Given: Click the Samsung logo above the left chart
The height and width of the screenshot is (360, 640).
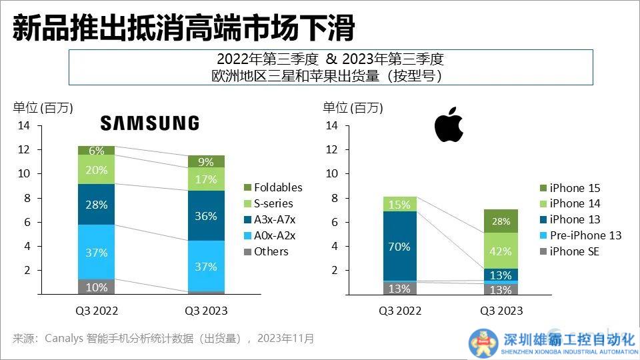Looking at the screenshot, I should pyautogui.click(x=149, y=123).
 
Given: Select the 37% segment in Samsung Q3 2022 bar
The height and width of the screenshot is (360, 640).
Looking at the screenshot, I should pyautogui.click(x=96, y=252).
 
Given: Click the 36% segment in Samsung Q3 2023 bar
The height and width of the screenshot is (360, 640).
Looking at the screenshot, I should pyautogui.click(x=206, y=216).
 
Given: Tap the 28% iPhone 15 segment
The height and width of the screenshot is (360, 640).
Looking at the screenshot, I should pyautogui.click(x=501, y=221).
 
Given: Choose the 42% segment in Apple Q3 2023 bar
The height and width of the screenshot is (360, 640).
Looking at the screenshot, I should pyautogui.click(x=501, y=251).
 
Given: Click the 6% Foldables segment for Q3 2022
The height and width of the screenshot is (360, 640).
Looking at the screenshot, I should pyautogui.click(x=96, y=151).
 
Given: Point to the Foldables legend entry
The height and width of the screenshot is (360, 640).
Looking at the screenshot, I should pyautogui.click(x=271, y=187).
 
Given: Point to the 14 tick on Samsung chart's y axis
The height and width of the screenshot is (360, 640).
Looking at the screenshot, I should pyautogui.click(x=24, y=125).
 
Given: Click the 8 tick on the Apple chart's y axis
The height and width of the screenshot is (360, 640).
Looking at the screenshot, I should pyautogui.click(x=334, y=198).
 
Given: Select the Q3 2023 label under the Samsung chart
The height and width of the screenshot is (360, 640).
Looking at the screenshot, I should pyautogui.click(x=206, y=311).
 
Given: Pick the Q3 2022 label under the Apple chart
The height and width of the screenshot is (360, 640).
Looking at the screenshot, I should pyautogui.click(x=401, y=311).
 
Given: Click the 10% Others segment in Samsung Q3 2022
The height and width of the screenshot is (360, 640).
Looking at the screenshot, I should pyautogui.click(x=96, y=287).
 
